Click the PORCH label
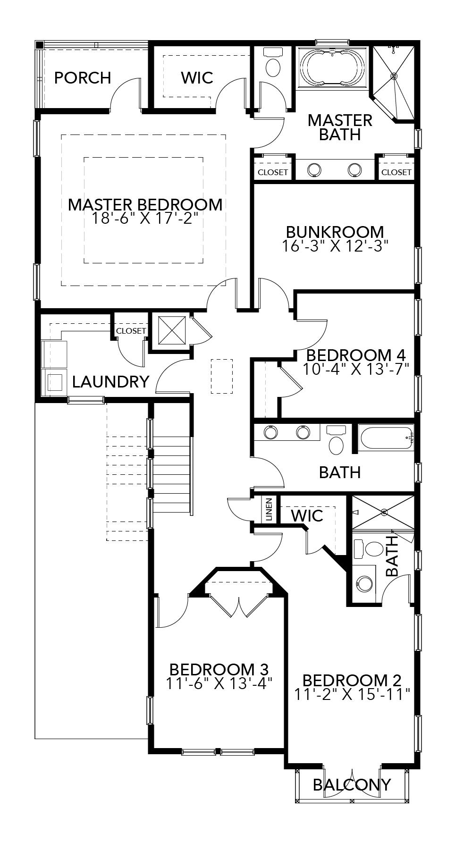83,77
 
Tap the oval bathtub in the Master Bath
333,67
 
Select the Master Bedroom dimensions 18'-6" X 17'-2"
145,218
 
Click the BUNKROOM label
335,232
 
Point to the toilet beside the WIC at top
273,67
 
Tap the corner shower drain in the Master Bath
394,76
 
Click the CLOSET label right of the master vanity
396,172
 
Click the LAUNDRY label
111,381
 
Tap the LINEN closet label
269,509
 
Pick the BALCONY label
352,784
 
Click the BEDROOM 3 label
219,669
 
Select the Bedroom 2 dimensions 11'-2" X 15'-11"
352,694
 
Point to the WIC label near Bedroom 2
307,515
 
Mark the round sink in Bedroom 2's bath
364,583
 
